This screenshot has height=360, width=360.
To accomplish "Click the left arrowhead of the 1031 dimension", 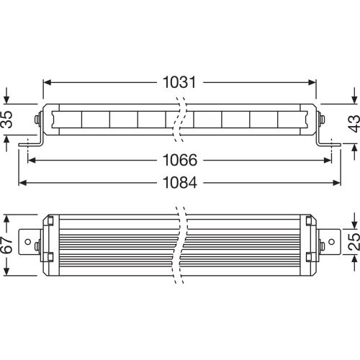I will tap(46, 82).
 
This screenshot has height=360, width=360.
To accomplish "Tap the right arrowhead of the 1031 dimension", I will tap(313, 82).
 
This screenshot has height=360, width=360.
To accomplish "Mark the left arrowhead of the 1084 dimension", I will tap(22, 182).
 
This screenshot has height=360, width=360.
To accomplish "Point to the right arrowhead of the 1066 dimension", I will tap(328, 159).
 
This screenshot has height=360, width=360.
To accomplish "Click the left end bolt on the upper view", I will tap(37, 120).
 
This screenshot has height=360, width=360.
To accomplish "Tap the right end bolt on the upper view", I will tap(323, 120).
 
